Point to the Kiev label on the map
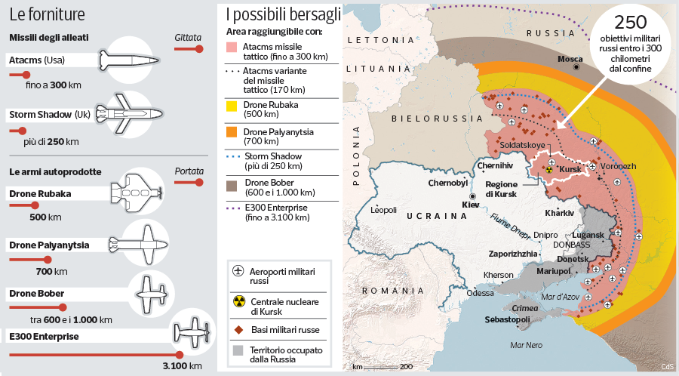pyautogui.click(x=470, y=205)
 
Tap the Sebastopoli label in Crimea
pyautogui.click(x=528, y=319)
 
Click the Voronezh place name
pyautogui.click(x=619, y=166)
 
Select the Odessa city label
pyautogui.click(x=480, y=293)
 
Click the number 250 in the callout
pyautogui.click(x=631, y=21)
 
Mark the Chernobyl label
pyautogui.click(x=448, y=183)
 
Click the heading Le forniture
pyautogui.click(x=47, y=14)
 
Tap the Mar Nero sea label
pyautogui.click(x=526, y=346)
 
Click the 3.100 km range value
pyautogui.click(x=182, y=366)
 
